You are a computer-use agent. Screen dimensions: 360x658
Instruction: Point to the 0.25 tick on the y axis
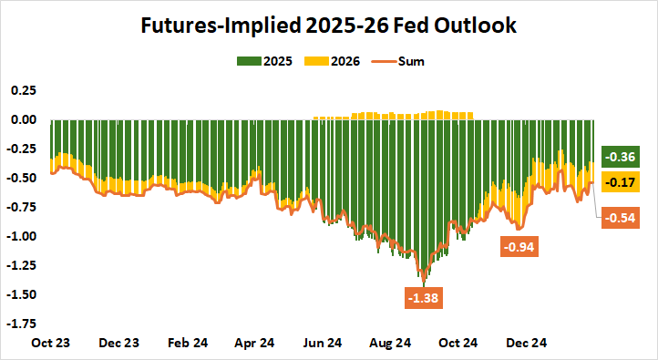(x=22, y=91)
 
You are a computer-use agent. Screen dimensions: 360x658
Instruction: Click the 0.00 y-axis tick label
(x=22, y=119)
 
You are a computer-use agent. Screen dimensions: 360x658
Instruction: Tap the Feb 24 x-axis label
(x=187, y=344)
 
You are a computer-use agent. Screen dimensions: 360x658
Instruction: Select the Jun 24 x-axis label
(x=322, y=344)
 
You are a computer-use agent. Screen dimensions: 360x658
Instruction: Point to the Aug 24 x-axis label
(x=389, y=344)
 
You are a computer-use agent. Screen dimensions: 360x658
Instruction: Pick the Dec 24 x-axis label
(x=525, y=344)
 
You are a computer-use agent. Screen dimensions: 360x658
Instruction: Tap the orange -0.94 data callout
(x=519, y=247)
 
